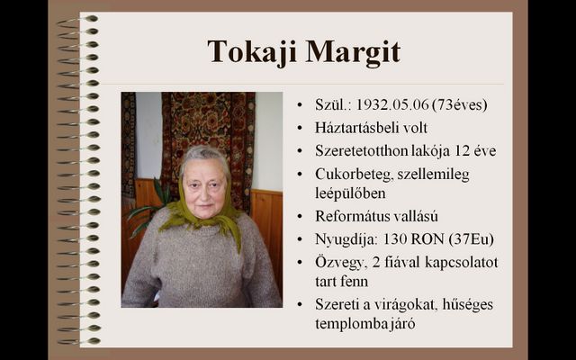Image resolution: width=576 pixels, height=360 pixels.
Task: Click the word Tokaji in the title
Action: click(252, 52)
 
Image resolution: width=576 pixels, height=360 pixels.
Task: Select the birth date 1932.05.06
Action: click(392, 105)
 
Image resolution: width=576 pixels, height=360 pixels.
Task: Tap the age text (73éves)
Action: click(460, 105)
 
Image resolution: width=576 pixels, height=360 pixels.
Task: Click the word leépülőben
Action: click(350, 193)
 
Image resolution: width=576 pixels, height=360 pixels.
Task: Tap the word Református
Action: click(351, 216)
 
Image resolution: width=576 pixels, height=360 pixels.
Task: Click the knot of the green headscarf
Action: click(207, 216)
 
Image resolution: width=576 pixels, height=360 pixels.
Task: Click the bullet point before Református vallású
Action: click(300, 217)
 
